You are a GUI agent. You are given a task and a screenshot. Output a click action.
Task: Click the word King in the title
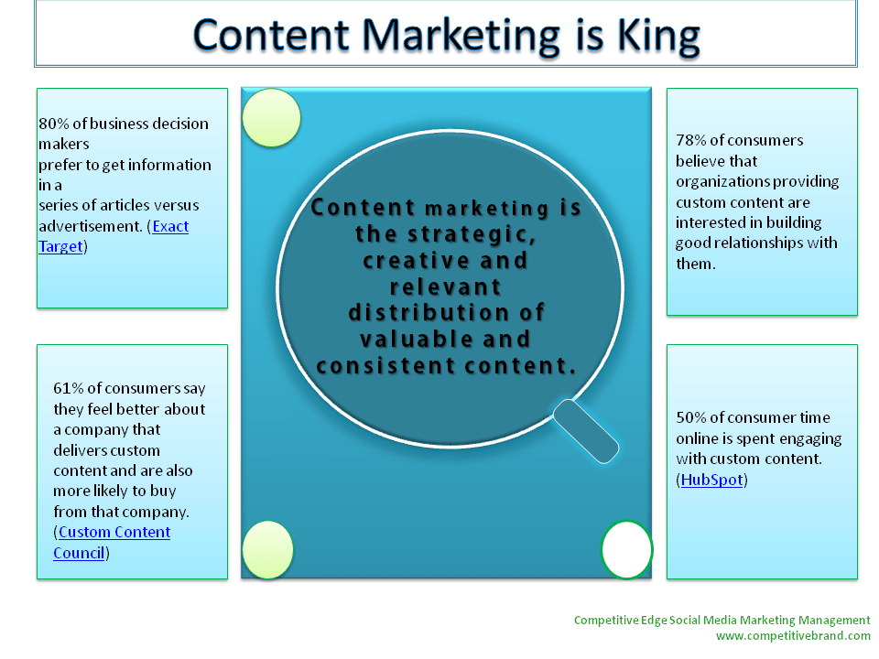658,37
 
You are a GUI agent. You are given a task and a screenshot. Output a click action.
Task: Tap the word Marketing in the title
461,37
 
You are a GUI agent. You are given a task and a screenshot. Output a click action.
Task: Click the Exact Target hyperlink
114,236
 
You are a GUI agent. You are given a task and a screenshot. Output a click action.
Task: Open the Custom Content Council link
112,543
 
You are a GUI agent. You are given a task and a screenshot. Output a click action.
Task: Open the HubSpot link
712,480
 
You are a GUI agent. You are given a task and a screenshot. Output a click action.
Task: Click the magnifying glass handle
586,431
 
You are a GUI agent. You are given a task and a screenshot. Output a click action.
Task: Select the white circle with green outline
626,550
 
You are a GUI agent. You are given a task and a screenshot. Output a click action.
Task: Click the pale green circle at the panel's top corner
271,118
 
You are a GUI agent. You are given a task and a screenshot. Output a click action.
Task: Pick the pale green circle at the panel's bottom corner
268,550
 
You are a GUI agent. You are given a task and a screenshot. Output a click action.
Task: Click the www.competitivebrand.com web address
793,636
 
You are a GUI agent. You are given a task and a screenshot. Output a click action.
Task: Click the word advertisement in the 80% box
91,226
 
